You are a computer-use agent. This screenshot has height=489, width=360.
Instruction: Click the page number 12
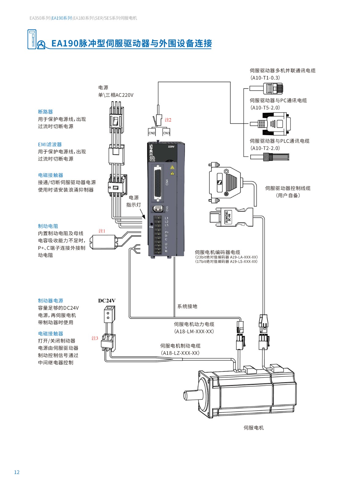[x=17, y=472]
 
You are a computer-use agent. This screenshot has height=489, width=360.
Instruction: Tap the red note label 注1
[x=102, y=231]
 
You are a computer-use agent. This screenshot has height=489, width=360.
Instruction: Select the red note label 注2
[x=168, y=120]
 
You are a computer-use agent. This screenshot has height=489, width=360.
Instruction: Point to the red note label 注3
[x=95, y=338]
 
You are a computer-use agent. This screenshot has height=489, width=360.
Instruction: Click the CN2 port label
[x=152, y=133]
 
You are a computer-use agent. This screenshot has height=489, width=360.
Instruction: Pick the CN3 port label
[x=166, y=133]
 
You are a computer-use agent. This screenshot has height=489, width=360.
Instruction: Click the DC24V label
[x=107, y=301]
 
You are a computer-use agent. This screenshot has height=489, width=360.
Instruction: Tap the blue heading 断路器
[x=45, y=112]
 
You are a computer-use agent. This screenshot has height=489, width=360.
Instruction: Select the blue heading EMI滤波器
[x=50, y=144]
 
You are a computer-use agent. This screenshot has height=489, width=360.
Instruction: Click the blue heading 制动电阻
[x=48, y=226]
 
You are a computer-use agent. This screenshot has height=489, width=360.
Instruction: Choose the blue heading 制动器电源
[x=50, y=301]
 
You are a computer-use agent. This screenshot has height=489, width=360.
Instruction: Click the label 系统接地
[x=187, y=306]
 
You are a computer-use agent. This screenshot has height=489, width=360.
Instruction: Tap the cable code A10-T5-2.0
[x=265, y=108]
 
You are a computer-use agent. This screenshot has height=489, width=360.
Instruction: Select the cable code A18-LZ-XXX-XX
[x=180, y=353]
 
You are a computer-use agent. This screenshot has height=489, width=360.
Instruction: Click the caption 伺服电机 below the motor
[x=253, y=428]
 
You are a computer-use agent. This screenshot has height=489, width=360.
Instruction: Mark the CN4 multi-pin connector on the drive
[x=158, y=183]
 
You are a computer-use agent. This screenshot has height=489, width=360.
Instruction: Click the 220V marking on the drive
[x=171, y=147]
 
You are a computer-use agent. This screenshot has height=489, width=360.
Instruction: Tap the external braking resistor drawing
[x=103, y=243]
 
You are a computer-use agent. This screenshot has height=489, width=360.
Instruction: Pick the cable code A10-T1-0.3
[x=265, y=78]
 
